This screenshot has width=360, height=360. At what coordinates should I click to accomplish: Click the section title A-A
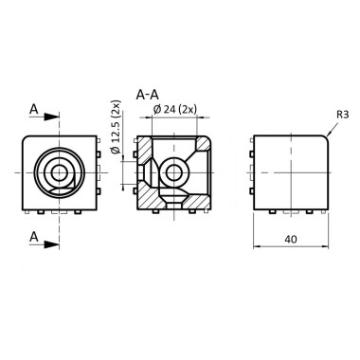coord(147,95)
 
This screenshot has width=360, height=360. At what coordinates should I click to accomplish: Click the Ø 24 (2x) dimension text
coord(175,110)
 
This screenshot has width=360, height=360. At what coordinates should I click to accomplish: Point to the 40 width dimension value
coord(291,240)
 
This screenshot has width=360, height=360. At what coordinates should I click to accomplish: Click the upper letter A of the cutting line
coord(34,111)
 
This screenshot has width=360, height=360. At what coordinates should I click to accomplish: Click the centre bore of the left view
coord(59,171)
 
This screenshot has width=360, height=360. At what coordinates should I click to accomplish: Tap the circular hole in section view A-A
coord(173,171)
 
